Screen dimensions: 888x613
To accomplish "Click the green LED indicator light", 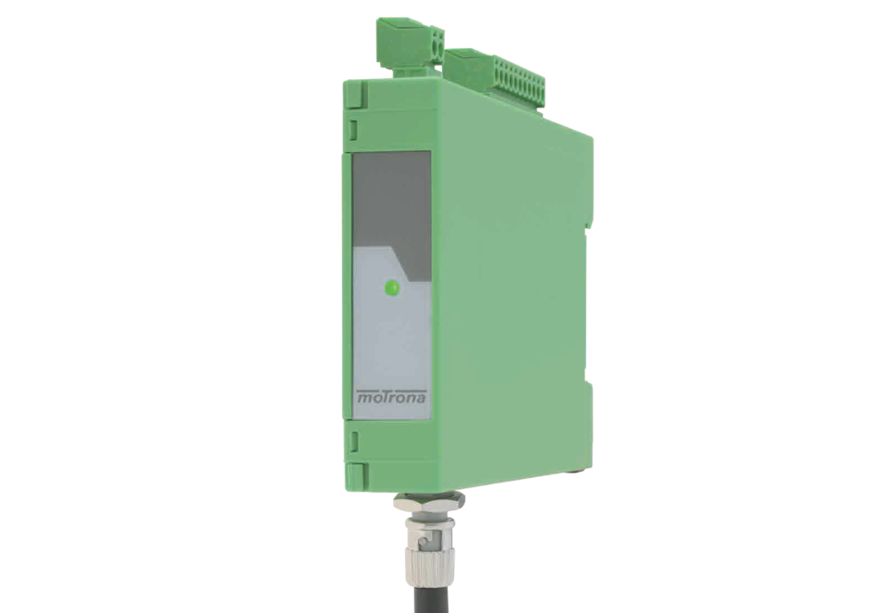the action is (392, 288).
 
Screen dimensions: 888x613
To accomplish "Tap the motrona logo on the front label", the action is (392, 396).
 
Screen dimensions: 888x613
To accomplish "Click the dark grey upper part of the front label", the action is (392, 204).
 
